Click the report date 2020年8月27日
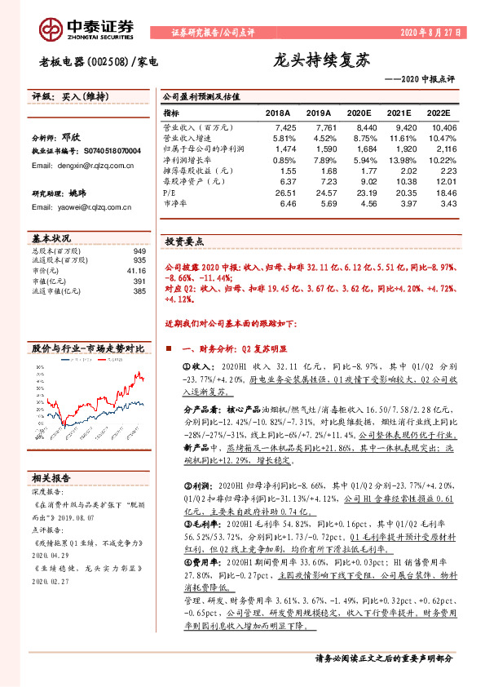430,33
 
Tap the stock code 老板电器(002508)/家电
98,61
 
